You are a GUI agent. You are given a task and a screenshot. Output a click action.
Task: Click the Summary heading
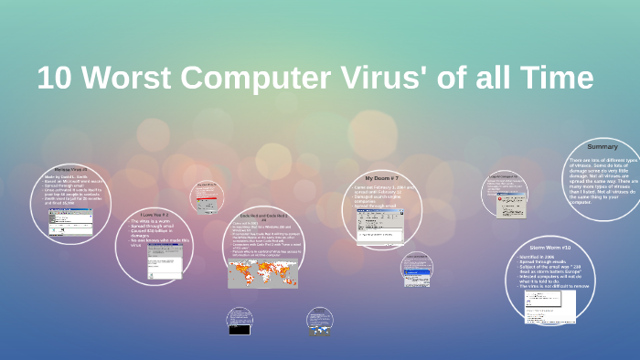[602, 147]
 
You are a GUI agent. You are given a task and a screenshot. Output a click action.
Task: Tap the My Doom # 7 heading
[381, 178]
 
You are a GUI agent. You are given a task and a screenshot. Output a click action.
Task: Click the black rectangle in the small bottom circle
[239, 327]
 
